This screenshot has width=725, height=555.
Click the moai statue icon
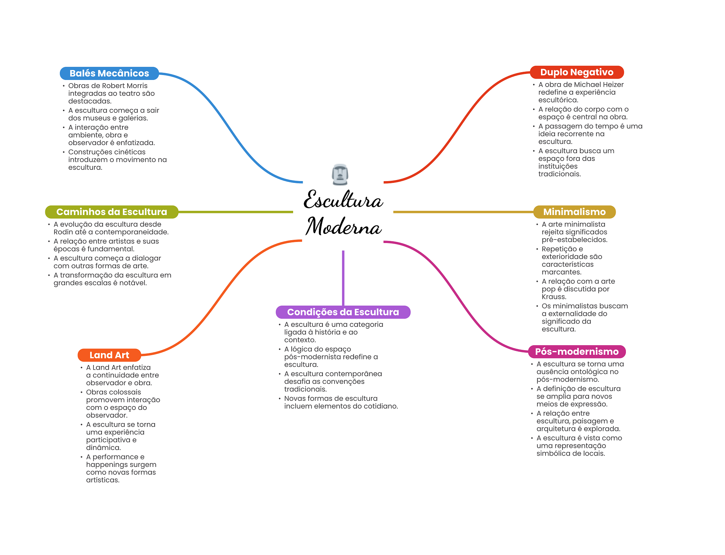[x=340, y=174]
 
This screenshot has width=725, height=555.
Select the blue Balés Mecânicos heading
[x=109, y=73]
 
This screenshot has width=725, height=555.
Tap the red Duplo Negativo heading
[x=577, y=72]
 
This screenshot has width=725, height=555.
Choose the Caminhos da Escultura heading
[x=112, y=212]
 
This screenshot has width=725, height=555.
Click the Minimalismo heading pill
[x=574, y=212]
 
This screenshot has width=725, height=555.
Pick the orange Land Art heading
[x=109, y=355]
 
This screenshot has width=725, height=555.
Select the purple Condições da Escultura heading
[x=343, y=312]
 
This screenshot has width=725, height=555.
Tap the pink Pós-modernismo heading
[x=577, y=352]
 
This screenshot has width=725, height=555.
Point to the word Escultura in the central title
[x=343, y=200]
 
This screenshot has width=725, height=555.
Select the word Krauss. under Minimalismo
[x=554, y=297]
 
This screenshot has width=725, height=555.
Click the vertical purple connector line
[x=343, y=278]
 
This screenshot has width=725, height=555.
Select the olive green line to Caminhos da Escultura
[x=235, y=212]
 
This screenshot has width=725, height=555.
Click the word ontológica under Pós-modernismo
[x=584, y=372]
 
